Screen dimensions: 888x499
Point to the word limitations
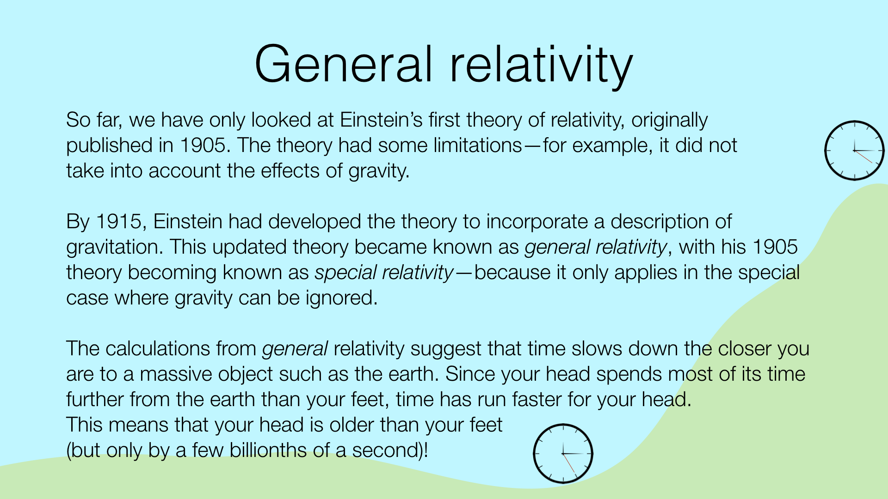click(x=478, y=145)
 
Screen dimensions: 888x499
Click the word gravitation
click(x=115, y=248)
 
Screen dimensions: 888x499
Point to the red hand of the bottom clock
click(x=569, y=463)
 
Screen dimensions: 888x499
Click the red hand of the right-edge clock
click(x=863, y=157)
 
